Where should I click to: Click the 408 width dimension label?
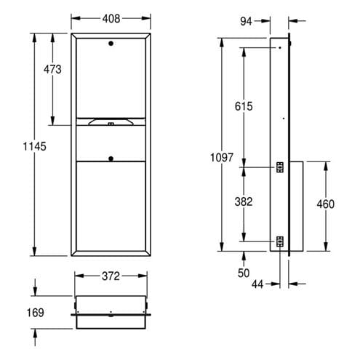coord(111,19)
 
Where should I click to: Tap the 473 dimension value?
coord(52,69)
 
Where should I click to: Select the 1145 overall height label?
coord(34,146)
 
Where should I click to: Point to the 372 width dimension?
coord(111,276)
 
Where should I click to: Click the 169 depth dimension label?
coord(36,313)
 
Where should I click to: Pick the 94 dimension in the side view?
coord(246,21)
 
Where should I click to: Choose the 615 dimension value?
coord(244,106)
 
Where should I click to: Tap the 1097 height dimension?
coord(222,158)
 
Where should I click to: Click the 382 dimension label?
coord(244,201)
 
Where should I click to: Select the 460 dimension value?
coord(326,204)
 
